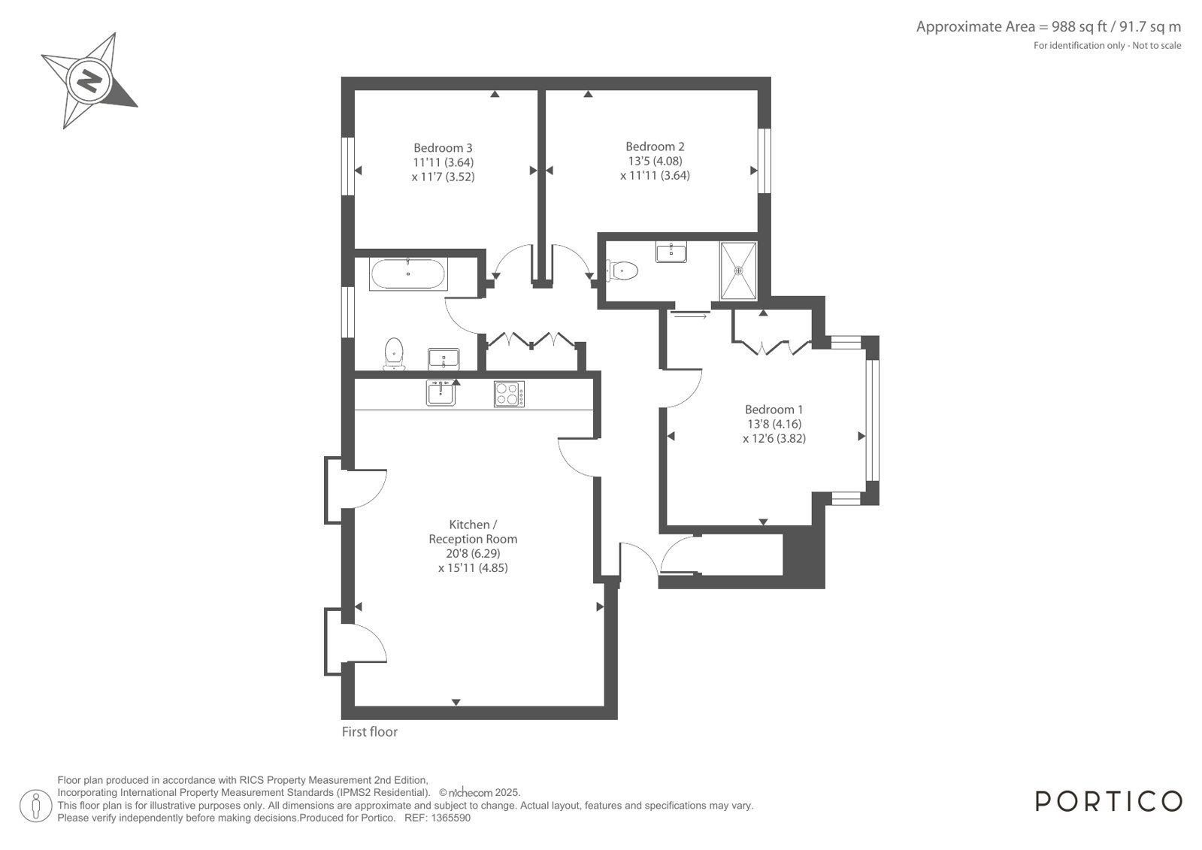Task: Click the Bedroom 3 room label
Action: point(443,147)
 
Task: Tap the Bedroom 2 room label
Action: point(655,147)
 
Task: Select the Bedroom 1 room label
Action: point(774,410)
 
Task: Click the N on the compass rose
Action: point(89,82)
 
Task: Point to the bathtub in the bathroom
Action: point(408,274)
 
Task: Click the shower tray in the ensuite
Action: point(738,271)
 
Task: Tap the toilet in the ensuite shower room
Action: point(622,271)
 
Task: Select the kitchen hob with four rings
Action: point(509,394)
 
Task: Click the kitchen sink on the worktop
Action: point(441,392)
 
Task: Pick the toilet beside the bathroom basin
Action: point(394,354)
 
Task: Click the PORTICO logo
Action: point(1109,802)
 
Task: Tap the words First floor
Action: point(370,732)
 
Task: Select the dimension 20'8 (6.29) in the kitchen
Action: point(473,553)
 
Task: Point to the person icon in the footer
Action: point(36,806)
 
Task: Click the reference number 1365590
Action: point(451,818)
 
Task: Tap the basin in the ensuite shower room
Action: point(671,252)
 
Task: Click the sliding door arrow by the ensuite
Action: point(691,316)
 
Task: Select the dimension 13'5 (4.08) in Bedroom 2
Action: point(655,161)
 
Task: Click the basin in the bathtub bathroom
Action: point(444,359)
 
